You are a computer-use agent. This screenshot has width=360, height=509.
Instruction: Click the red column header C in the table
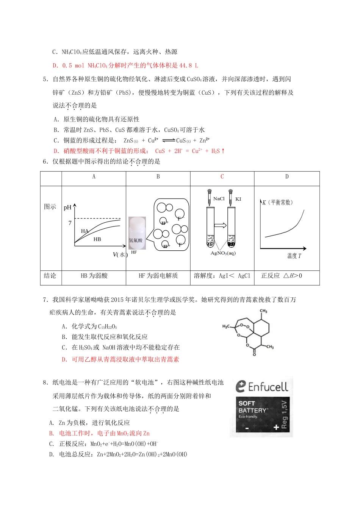pyautogui.click(x=222, y=176)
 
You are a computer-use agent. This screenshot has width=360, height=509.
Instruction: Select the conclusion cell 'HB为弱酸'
pyautogui.click(x=94, y=276)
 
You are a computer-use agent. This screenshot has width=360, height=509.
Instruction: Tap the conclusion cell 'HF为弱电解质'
pyautogui.click(x=158, y=276)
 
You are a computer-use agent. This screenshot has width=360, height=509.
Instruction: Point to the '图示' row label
pyautogui.click(x=50, y=207)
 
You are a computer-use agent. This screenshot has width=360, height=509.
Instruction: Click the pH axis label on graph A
pyautogui.click(x=67, y=208)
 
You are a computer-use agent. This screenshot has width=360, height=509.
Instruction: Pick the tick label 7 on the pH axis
pyautogui.click(x=70, y=223)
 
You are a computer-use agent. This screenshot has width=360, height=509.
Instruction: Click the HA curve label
pyautogui.click(x=85, y=231)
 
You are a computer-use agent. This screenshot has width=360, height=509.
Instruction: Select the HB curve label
pyautogui.click(x=97, y=239)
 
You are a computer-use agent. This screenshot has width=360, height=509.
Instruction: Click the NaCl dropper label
pyautogui.click(x=219, y=199)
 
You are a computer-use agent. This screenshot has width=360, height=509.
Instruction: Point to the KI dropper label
pyautogui.click(x=238, y=199)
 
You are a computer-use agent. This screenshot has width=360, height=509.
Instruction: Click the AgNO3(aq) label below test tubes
pyautogui.click(x=223, y=253)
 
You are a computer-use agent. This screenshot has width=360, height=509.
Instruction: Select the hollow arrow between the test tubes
pyautogui.click(x=221, y=226)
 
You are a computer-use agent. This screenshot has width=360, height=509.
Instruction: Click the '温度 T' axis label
pyautogui.click(x=294, y=256)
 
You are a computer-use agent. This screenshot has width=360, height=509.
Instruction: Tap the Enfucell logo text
pyautogui.click(x=268, y=387)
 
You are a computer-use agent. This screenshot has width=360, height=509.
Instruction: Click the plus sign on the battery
pyautogui.click(x=276, y=427)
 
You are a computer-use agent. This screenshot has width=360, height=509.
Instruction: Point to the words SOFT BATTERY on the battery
pyautogui.click(x=252, y=407)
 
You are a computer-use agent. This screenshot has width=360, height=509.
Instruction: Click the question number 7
pyautogui.click(x=45, y=300)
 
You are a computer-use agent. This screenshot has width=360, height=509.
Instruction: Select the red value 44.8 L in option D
pyautogui.click(x=188, y=66)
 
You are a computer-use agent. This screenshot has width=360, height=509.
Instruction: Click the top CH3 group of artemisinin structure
pyautogui.click(x=263, y=311)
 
